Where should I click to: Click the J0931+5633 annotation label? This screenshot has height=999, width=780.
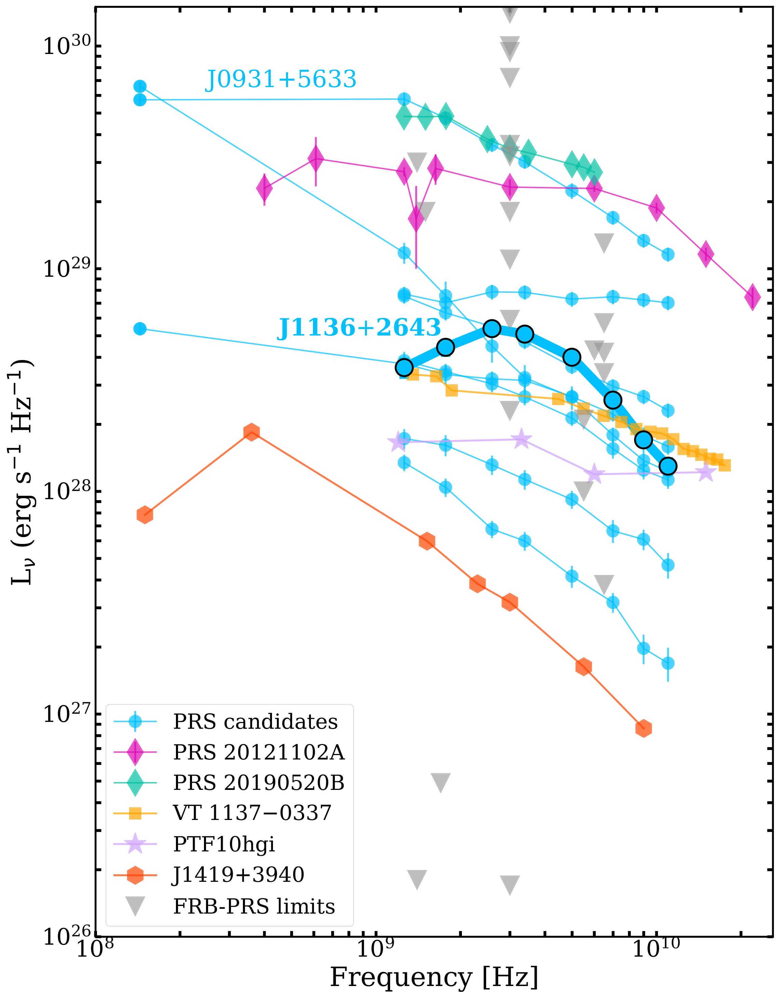point(280,80)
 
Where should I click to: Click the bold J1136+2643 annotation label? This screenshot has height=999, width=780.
point(359,328)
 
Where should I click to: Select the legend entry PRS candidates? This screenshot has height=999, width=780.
point(255,722)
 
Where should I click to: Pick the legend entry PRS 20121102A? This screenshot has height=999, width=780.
point(259,752)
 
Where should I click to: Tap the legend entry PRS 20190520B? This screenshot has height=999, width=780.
point(259,783)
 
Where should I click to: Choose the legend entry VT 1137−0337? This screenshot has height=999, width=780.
point(252,813)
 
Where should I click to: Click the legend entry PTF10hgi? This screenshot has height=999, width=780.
point(224,844)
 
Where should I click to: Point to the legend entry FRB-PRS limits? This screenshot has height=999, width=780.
point(254,906)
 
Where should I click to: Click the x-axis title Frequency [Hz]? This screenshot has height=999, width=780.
point(434,978)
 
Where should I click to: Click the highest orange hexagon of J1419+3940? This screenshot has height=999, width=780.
point(251,432)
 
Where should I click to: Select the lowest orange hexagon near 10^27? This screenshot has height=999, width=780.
point(644,728)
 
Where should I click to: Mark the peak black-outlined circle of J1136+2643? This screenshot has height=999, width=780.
point(492,328)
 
